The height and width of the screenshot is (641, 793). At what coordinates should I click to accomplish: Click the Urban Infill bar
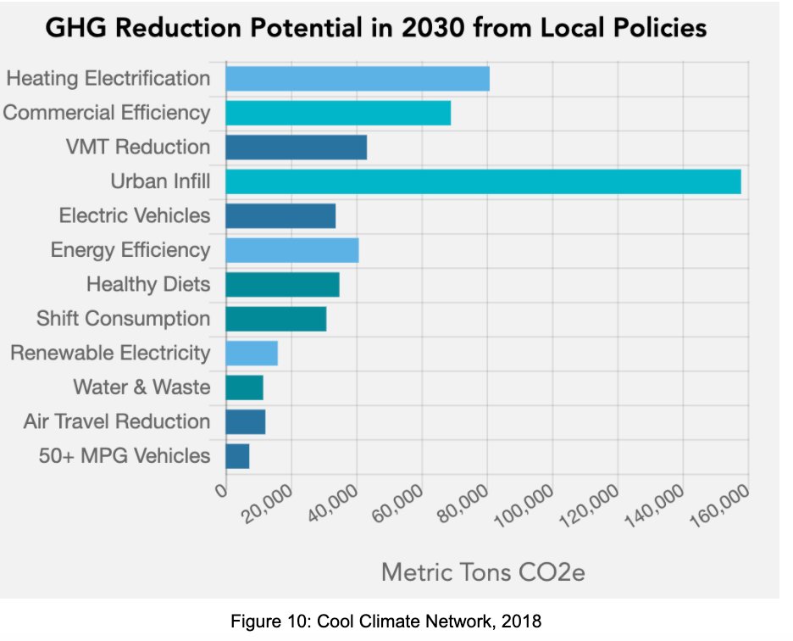(483, 181)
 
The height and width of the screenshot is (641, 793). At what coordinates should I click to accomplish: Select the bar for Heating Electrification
(357, 79)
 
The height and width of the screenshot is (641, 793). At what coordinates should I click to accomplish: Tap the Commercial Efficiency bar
(337, 113)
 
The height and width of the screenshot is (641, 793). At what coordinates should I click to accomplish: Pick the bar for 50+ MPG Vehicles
(237, 456)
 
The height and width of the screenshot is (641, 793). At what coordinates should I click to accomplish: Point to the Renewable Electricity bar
(251, 353)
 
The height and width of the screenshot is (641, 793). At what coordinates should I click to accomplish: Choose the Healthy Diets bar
(282, 284)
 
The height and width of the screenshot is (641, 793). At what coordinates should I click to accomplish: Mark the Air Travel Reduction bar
(245, 421)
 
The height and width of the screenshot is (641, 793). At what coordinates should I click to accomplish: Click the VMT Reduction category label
(137, 147)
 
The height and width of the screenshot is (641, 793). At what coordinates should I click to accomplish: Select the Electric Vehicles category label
(134, 215)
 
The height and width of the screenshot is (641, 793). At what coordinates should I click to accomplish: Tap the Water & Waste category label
(141, 387)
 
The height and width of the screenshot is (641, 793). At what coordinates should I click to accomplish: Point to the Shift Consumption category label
(123, 319)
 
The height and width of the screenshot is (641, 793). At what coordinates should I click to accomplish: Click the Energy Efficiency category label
(130, 250)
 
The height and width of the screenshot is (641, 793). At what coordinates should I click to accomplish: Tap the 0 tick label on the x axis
(222, 491)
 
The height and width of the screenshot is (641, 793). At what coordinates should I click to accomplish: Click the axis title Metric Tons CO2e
(483, 572)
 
